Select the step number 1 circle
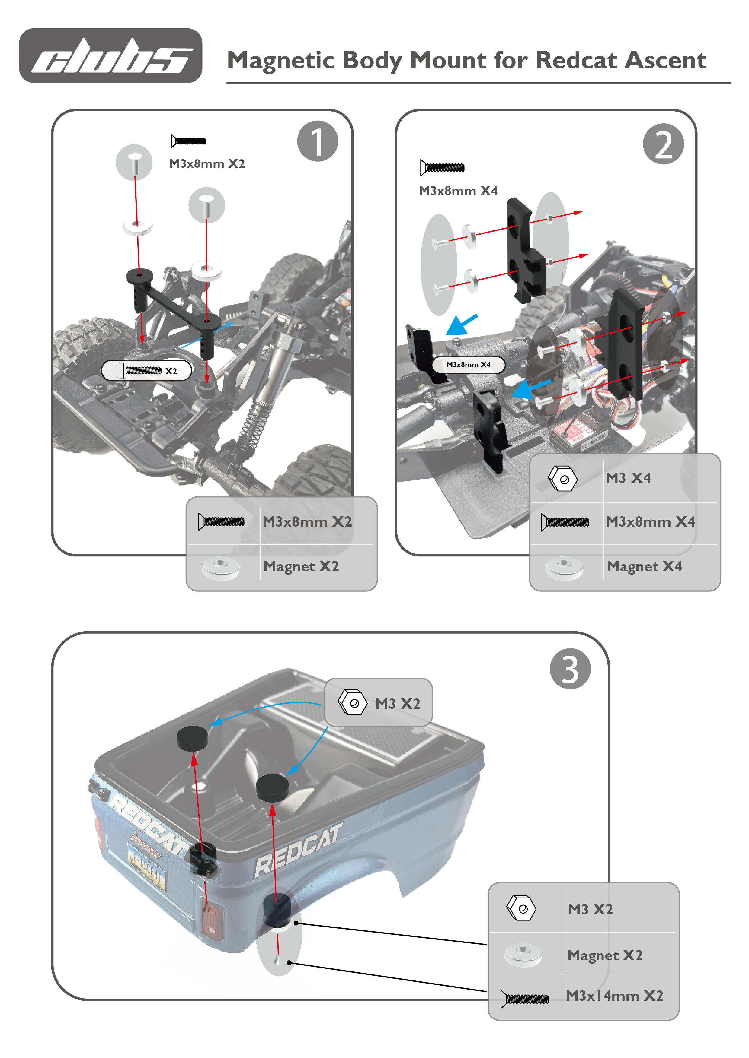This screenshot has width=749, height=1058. tap(317, 141)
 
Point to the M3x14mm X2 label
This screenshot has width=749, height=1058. tap(614, 995)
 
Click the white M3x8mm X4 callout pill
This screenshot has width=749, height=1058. tap(468, 365)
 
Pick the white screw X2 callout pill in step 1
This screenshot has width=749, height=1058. tap(146, 370)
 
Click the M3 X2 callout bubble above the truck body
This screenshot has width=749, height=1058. tap(378, 703)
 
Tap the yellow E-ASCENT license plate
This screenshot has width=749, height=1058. tap(147, 869)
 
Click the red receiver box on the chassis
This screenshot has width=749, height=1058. tap(572, 433)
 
